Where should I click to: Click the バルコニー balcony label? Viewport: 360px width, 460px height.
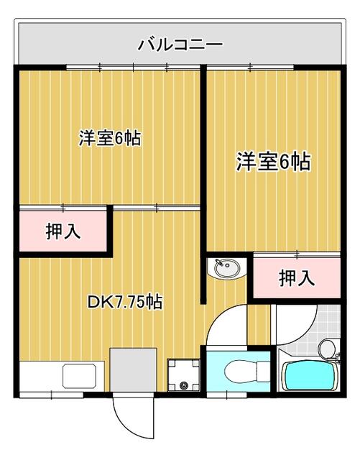click(180, 45)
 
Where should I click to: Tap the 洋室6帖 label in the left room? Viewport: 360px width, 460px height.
click(109, 138)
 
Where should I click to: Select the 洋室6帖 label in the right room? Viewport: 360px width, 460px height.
click(274, 162)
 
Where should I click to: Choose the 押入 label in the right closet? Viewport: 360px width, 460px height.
click(296, 277)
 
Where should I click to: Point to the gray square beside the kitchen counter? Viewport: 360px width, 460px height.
click(133, 369)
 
